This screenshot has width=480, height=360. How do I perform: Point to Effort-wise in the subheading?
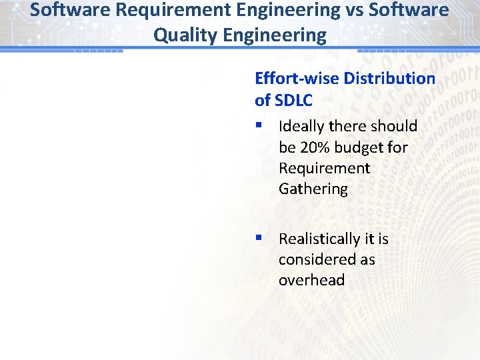coord(297,79)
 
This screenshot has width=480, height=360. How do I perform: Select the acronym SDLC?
coord(293,101)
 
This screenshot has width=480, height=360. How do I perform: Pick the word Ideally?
coord(299,127)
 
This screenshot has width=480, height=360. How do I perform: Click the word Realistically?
coord(319,239)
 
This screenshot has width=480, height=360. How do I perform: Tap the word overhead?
coord(311,280)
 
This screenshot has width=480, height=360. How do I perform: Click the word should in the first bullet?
coord(394,127)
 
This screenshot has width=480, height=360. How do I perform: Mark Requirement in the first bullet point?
coord(324,168)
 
